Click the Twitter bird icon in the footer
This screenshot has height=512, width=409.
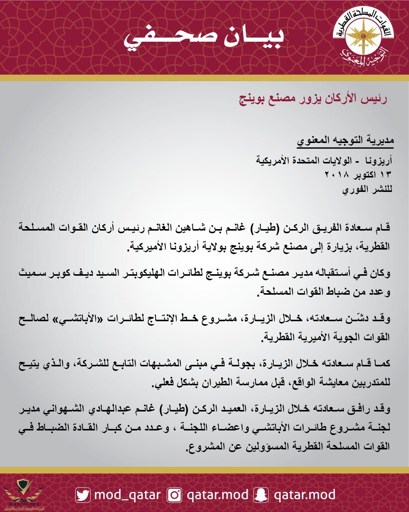83,495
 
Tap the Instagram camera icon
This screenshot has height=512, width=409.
175,495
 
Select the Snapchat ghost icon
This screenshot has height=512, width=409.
261,495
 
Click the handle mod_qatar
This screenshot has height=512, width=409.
127,495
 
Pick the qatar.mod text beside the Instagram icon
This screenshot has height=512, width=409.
217,495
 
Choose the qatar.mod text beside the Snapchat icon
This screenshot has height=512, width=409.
304,495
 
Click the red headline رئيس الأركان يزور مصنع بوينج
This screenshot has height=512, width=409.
313,99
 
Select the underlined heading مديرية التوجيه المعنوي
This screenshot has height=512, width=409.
345,140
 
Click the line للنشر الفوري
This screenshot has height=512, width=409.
367,189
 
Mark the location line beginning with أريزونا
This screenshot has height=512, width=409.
324,161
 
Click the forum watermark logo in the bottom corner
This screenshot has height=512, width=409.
23,495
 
